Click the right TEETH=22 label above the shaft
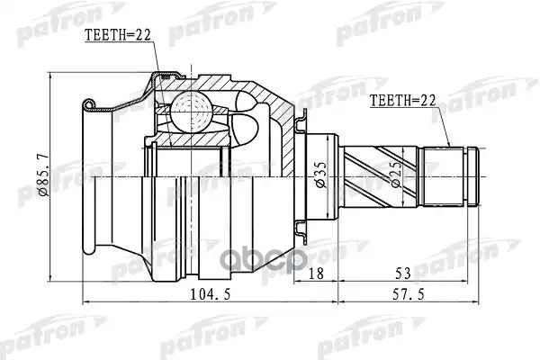[402, 103]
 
